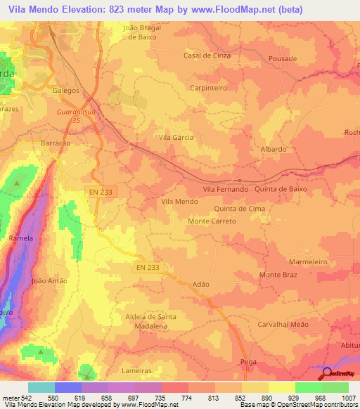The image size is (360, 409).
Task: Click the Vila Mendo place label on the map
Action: [179, 202]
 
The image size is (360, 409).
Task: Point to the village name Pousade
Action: [283, 59]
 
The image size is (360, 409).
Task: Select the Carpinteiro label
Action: [208, 88]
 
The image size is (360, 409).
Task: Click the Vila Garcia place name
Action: [176, 138]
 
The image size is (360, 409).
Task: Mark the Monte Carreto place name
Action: [212, 221]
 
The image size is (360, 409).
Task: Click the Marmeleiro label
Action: [309, 261]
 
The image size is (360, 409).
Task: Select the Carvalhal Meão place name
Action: [283, 325]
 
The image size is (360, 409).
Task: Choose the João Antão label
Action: [49, 280]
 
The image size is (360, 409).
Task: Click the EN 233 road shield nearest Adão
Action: [147, 267]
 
